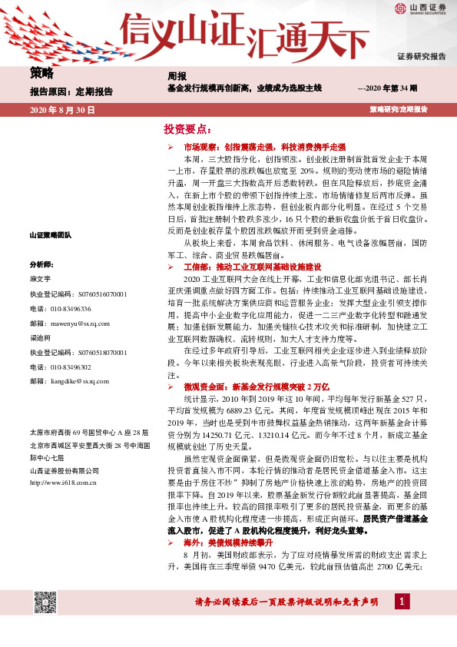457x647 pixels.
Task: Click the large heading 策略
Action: click(41, 74)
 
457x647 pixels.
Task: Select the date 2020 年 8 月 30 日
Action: click(62, 111)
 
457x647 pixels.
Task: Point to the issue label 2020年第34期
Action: click(388, 90)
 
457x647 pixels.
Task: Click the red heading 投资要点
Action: click(187, 128)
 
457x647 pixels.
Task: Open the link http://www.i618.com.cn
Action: click(62, 483)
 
